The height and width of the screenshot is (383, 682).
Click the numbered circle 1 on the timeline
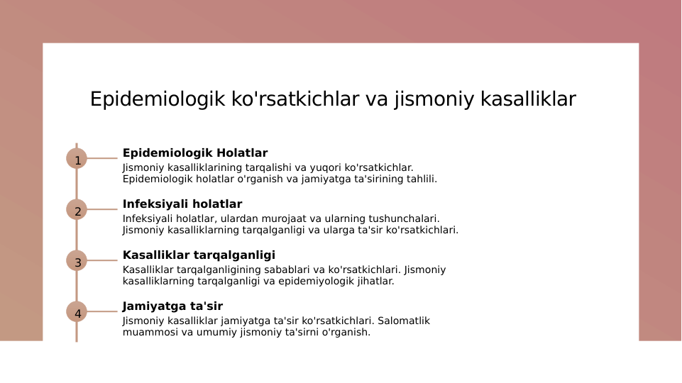click(77, 158)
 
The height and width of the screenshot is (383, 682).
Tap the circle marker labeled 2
click(77, 209)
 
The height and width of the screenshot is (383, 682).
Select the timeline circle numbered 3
click(77, 260)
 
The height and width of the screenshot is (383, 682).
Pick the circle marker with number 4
click(77, 311)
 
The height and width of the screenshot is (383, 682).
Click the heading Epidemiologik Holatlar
click(194, 153)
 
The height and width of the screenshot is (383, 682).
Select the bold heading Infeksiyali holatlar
click(182, 204)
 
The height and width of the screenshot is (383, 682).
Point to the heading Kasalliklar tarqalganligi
click(199, 255)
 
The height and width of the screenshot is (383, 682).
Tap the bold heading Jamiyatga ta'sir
click(172, 306)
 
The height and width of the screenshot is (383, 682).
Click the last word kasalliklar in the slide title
click(528, 99)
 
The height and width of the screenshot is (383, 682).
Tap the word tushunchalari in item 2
click(401, 218)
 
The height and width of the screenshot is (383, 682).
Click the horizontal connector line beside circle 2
click(102, 209)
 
